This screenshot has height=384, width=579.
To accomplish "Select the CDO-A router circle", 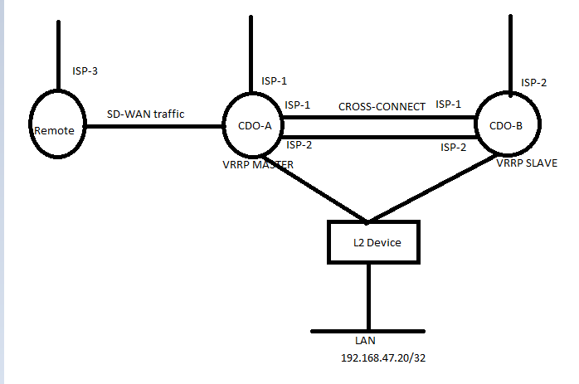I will pos(251,129).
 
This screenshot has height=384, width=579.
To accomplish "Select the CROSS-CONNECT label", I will pos(382,106).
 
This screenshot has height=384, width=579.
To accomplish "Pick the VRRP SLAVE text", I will pos(527,163).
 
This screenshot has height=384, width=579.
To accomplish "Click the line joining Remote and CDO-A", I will pos(153,127).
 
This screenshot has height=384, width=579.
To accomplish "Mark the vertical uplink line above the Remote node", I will pos(59,54).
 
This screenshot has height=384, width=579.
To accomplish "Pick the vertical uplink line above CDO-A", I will pos(251,54).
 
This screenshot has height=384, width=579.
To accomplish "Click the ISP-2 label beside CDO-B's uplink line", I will pos(533,82).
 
